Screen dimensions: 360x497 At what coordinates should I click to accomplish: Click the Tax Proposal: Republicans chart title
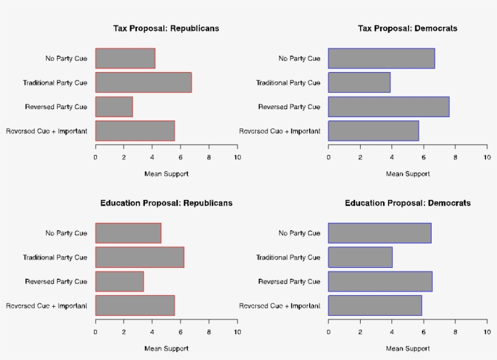166,28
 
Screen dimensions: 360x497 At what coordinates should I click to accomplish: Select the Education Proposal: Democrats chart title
407,203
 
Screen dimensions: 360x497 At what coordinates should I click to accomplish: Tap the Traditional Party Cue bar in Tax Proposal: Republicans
143,82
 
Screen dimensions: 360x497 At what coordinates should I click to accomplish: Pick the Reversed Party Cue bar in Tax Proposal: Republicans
113,107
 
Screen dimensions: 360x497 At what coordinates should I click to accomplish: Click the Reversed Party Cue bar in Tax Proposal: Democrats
389,107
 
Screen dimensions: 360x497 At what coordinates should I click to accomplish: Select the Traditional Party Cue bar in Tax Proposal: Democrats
359,82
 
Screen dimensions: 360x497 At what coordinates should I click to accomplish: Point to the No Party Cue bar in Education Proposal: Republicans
128,233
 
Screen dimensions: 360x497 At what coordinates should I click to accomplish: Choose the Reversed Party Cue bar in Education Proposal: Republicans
119,282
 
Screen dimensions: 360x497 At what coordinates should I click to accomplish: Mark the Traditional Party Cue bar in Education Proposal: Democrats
360,258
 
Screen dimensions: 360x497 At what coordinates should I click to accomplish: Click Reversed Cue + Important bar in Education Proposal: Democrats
375,305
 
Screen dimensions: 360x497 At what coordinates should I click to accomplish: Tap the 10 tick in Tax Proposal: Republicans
237,158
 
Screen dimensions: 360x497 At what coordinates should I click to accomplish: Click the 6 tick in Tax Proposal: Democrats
423,158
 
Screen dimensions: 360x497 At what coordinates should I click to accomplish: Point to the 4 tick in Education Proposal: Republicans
152,332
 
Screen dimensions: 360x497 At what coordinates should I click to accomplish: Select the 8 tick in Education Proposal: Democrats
455,332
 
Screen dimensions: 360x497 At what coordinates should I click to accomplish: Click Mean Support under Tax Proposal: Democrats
407,174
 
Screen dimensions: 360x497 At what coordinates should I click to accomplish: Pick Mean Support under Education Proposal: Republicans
166,348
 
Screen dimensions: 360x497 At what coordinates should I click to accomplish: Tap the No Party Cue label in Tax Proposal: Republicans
66,59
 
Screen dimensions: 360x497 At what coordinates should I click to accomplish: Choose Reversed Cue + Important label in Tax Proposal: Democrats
279,131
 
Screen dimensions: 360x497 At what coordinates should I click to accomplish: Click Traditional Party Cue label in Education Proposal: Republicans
55,258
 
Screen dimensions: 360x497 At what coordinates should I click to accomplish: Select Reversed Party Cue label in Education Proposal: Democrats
289,282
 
